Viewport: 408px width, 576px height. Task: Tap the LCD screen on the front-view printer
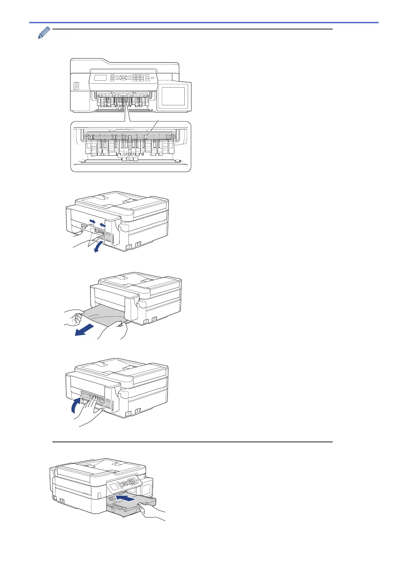tap(100, 78)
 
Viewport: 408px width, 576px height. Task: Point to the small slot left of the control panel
tap(76, 87)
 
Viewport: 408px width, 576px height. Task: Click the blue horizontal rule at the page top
tap(204, 23)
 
